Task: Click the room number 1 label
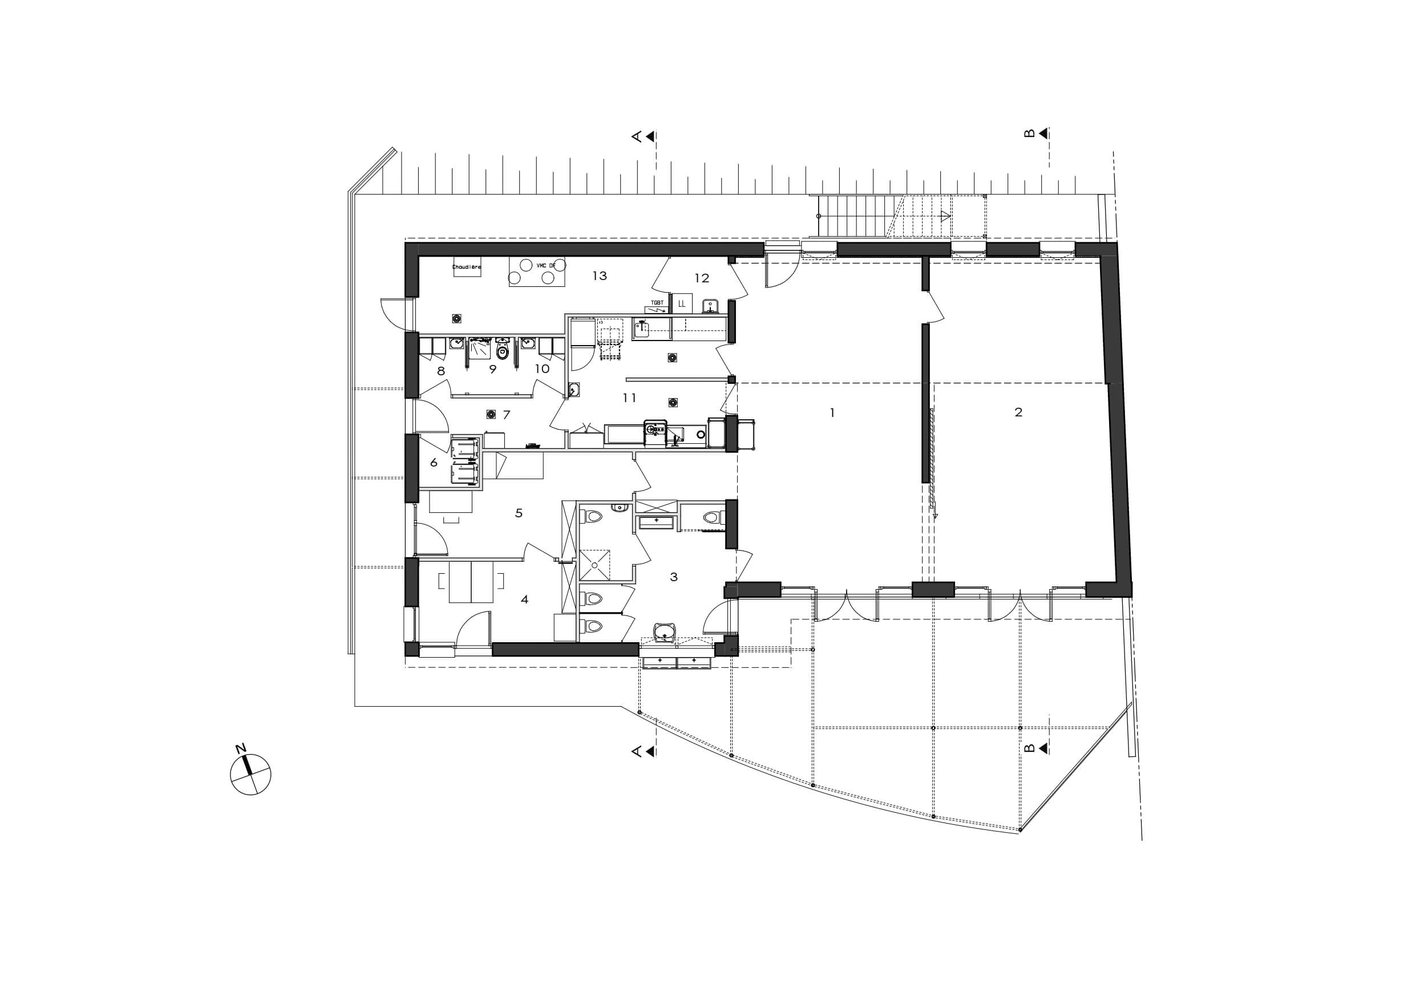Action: pyautogui.click(x=832, y=412)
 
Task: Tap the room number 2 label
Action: pyautogui.click(x=1018, y=412)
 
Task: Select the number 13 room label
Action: pyautogui.click(x=600, y=275)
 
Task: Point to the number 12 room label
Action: pyautogui.click(x=702, y=278)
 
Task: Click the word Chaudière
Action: pyautogui.click(x=466, y=267)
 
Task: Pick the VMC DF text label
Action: pyautogui.click(x=545, y=265)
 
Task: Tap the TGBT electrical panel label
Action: pyautogui.click(x=657, y=303)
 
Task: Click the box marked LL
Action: pyautogui.click(x=682, y=303)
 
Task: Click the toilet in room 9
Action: pyautogui.click(x=502, y=351)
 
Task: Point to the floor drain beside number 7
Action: pyautogui.click(x=492, y=415)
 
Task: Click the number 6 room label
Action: pyautogui.click(x=434, y=462)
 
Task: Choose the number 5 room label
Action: pyautogui.click(x=519, y=513)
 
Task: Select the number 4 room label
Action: pyautogui.click(x=524, y=599)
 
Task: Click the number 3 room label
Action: pyautogui.click(x=673, y=577)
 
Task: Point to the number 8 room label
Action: pyautogui.click(x=441, y=371)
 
